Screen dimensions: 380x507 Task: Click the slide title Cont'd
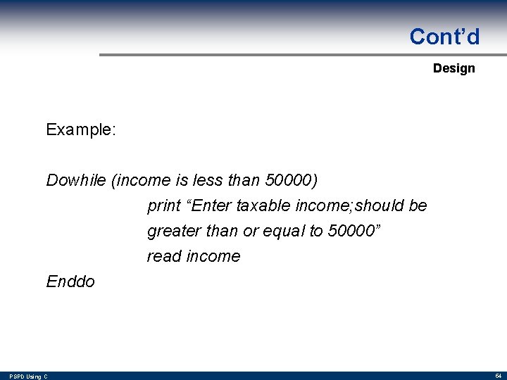(x=444, y=37)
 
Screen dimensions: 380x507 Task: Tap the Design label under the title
(x=453, y=68)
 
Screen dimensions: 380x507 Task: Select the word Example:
(x=81, y=129)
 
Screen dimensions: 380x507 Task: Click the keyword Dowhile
(x=76, y=180)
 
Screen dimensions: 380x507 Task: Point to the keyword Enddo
(x=70, y=281)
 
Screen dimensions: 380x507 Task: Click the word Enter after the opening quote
(x=211, y=205)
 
